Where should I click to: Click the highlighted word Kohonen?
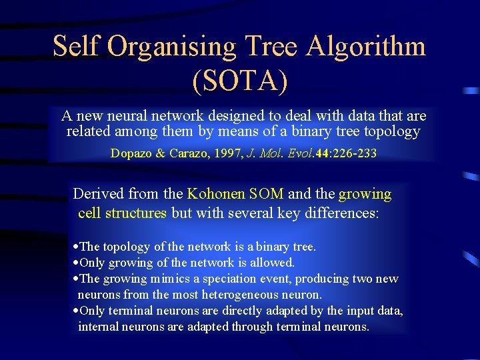coord(216,194)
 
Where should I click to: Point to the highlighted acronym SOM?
coord(266,194)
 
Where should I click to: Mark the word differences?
coord(346,213)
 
